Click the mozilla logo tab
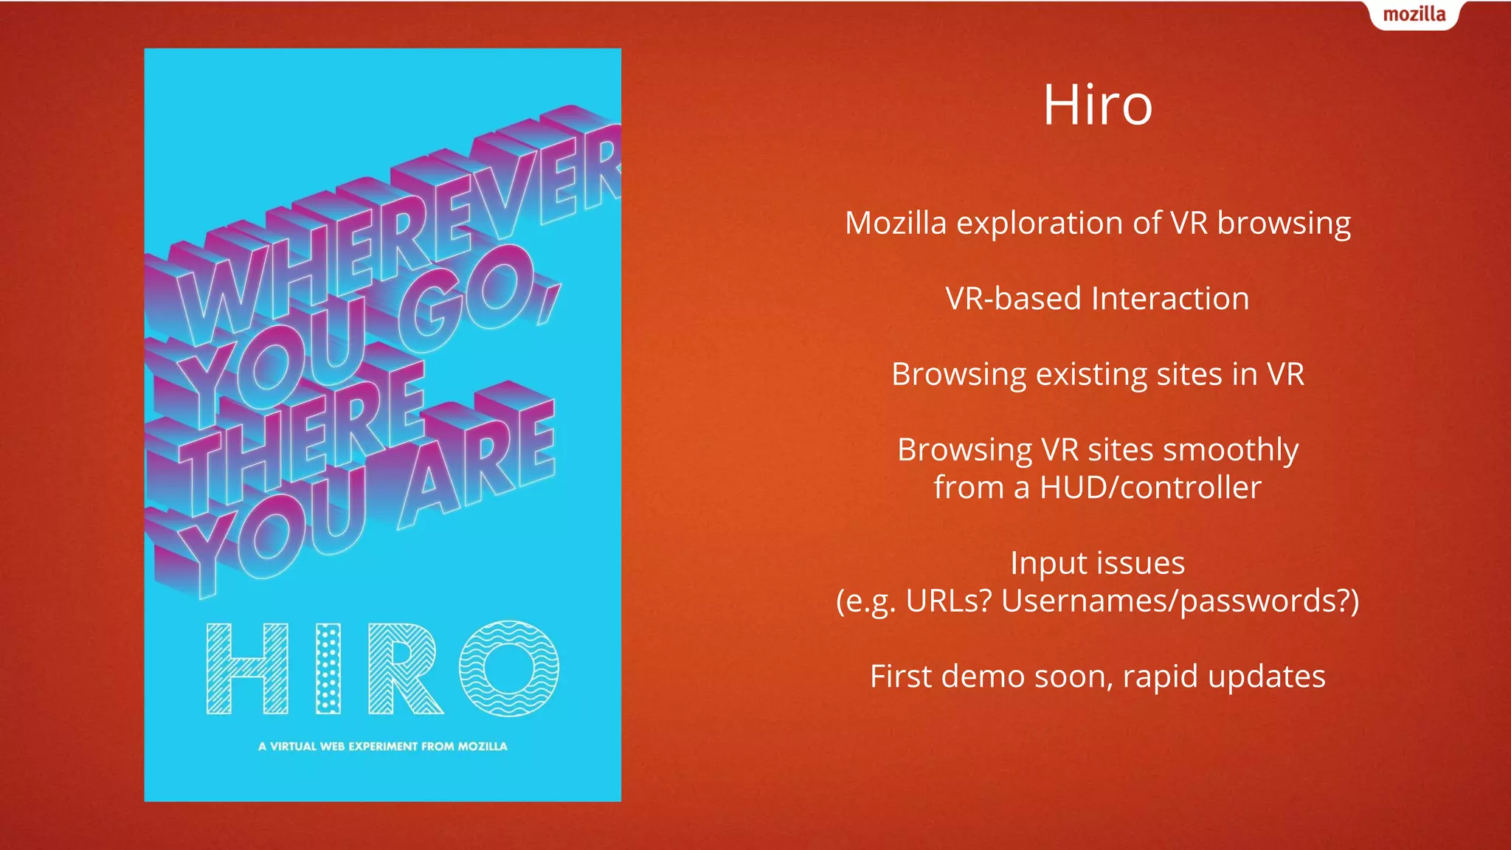pyautogui.click(x=1414, y=15)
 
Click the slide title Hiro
pyautogui.click(x=1097, y=105)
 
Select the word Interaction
pyautogui.click(x=1170, y=299)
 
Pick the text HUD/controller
pyautogui.click(x=1150, y=488)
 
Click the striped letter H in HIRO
pyautogui.click(x=247, y=668)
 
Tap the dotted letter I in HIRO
pyautogui.click(x=328, y=668)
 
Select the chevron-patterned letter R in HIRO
pyautogui.click(x=404, y=668)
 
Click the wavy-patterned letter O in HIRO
pyautogui.click(x=509, y=668)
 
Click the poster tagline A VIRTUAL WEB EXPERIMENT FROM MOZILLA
pyautogui.click(x=382, y=746)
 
